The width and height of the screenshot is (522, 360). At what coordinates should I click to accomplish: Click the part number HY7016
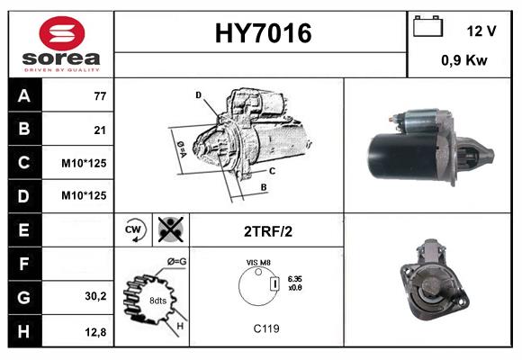262,33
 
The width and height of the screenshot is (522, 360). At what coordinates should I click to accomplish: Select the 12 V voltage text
481,31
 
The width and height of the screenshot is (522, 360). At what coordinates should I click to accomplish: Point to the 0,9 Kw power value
464,61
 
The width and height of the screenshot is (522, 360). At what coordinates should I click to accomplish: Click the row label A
23,94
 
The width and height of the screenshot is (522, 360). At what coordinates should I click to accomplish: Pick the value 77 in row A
100,95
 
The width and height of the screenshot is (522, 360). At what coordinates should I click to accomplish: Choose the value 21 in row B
100,130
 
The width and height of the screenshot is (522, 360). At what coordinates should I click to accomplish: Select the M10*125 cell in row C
85,163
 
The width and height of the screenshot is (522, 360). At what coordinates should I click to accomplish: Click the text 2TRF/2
267,231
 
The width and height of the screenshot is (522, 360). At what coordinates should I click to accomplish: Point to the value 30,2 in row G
95,296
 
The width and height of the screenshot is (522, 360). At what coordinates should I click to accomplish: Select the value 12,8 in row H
95,331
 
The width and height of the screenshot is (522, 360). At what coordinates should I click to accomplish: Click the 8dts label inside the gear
158,301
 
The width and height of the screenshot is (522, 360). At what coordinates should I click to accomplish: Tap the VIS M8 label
258,262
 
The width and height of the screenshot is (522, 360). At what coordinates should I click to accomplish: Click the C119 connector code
266,328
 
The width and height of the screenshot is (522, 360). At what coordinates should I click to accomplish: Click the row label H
23,330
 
